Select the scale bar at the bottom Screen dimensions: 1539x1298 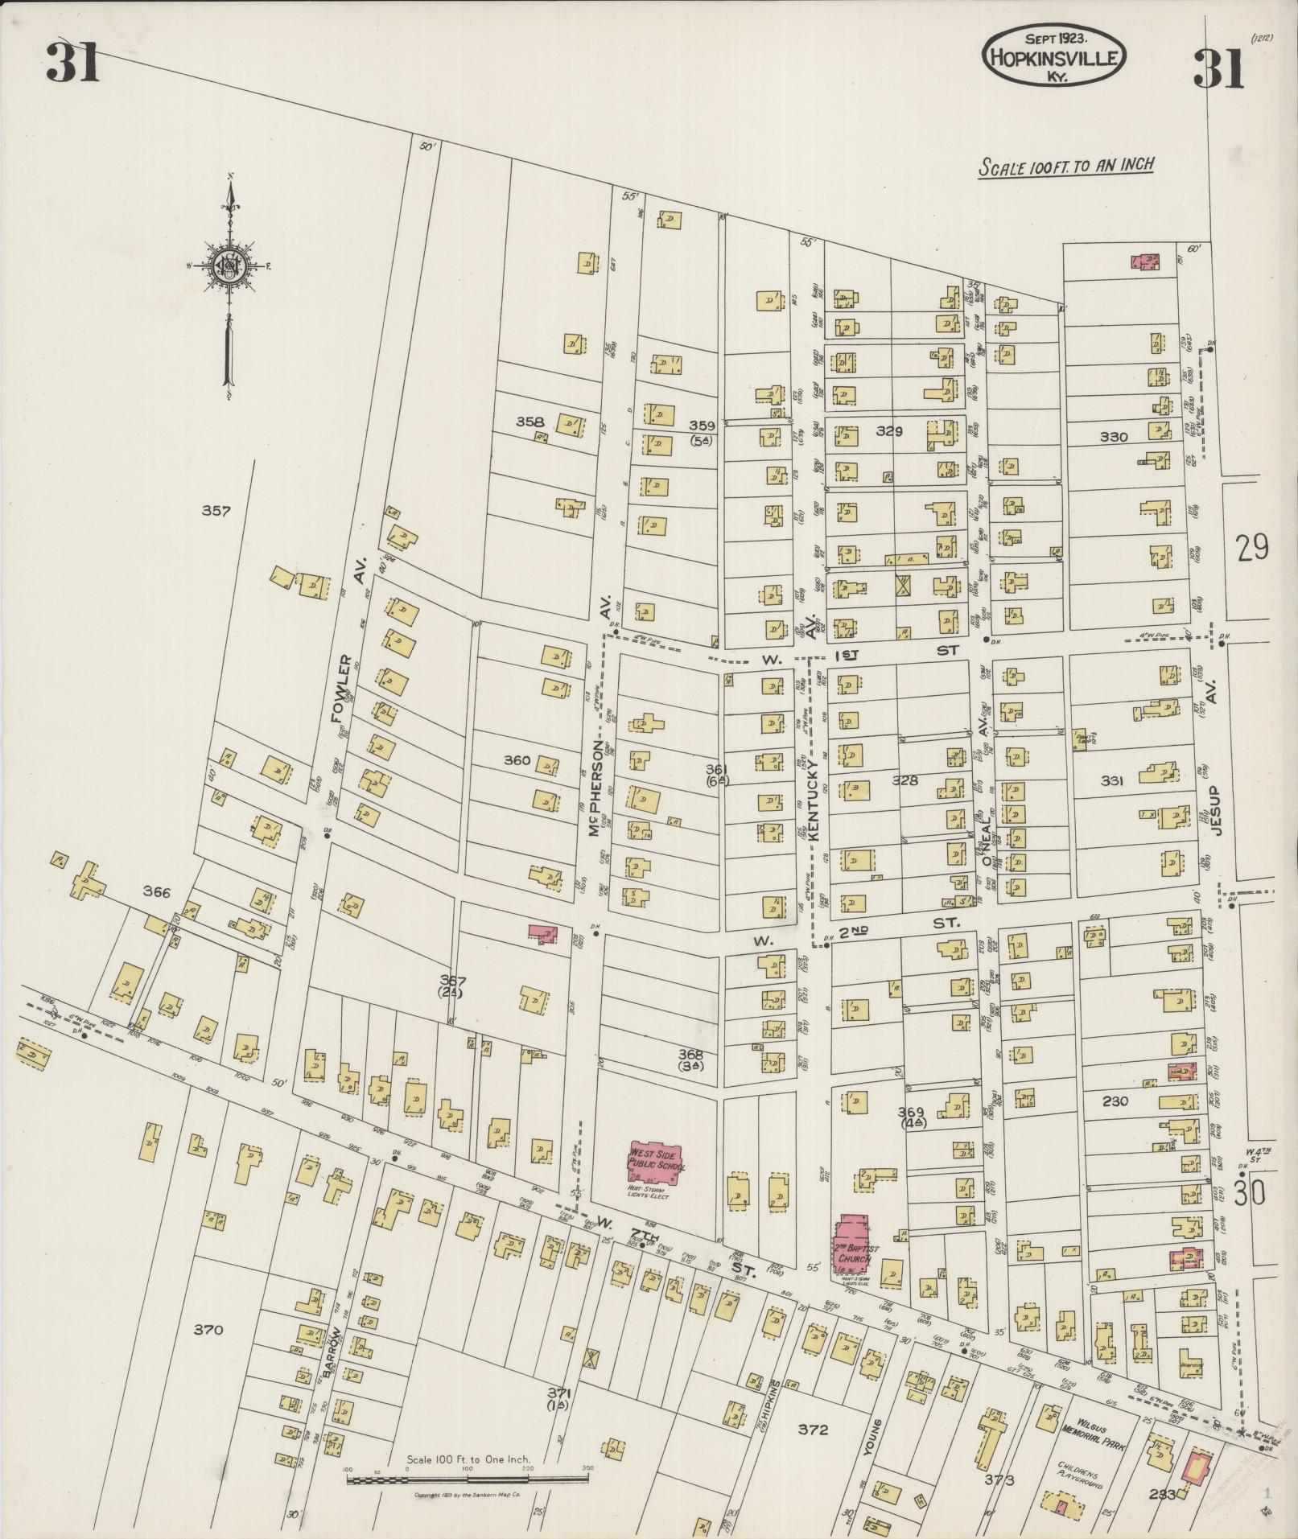point(467,1476)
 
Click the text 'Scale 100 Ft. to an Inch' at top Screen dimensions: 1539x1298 point(1066,166)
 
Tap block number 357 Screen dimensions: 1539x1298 point(216,510)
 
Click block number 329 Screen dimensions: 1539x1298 point(889,431)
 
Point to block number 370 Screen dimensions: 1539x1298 point(208,1330)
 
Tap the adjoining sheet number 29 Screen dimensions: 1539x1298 point(1253,548)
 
